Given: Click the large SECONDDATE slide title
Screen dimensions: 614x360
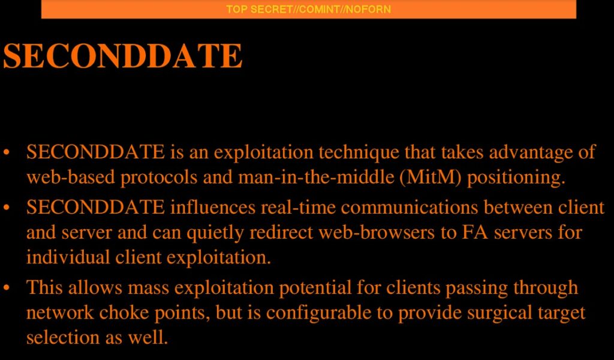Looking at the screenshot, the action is (x=123, y=56).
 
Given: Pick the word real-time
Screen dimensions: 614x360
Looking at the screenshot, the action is (x=298, y=207).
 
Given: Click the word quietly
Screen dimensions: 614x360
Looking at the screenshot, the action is (x=215, y=233).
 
